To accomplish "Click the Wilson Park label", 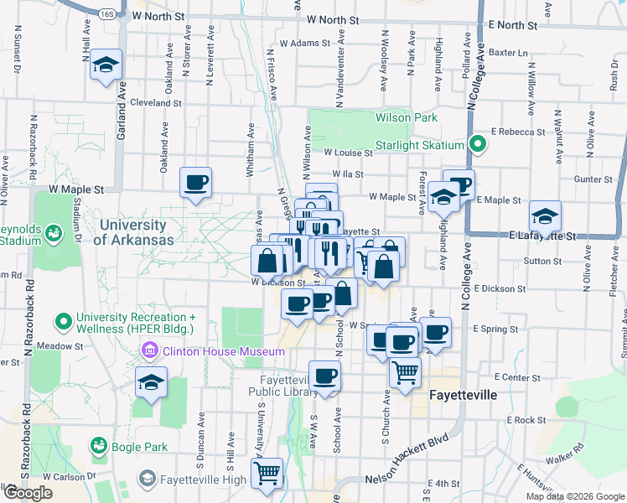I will pos(407,117).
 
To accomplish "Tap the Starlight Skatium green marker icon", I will pos(477,144).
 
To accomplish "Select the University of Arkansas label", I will pos(134,232).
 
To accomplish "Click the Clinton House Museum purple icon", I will pos(151,350).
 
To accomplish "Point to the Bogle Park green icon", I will pos(100,447).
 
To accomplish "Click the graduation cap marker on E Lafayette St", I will pos(545,217).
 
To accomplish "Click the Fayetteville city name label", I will pos(464,394).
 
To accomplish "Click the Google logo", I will pos(27,492).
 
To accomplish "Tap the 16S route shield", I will pos(106,14).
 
